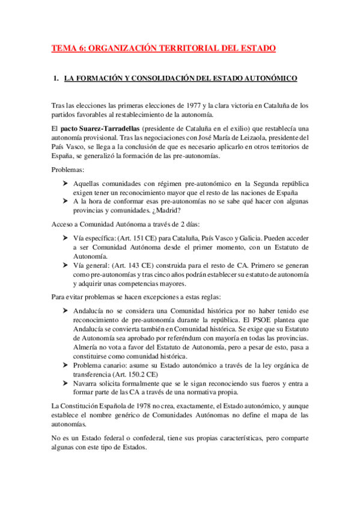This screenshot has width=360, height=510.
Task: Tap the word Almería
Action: (x=87, y=348)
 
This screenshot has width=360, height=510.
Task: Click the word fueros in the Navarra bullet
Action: (x=270, y=383)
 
